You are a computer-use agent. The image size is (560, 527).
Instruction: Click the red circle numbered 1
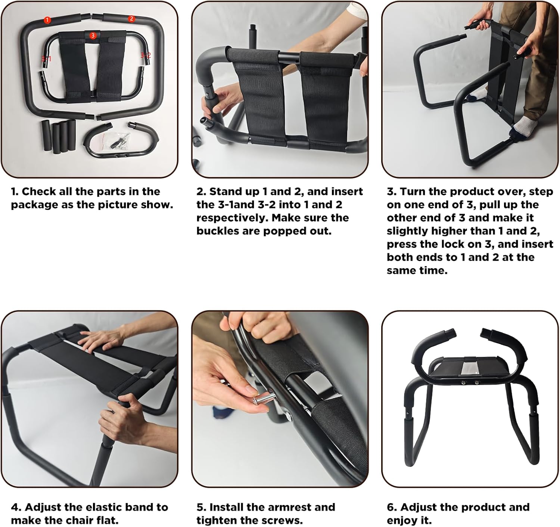[47, 20]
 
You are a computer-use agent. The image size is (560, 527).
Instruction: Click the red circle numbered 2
[131, 19]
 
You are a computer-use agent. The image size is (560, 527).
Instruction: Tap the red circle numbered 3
[93, 35]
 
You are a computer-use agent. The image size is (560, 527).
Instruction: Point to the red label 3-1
[47, 59]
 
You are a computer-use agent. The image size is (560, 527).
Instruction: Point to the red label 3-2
[146, 55]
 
